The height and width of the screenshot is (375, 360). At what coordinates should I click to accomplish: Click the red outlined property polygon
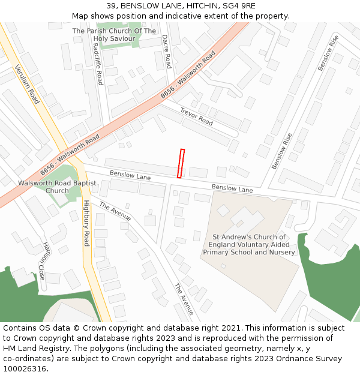click(181, 163)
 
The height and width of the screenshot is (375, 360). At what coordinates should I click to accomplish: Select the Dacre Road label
click(167, 51)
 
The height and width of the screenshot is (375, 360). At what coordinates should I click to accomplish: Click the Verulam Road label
click(26, 84)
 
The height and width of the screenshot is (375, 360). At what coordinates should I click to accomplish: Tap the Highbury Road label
click(86, 223)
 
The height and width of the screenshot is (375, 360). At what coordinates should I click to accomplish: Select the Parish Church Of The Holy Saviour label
click(114, 35)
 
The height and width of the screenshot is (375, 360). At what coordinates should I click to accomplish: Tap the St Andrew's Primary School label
click(249, 245)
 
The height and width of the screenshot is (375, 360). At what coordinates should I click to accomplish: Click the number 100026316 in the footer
click(25, 369)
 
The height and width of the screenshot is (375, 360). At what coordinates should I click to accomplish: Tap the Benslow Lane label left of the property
click(130, 176)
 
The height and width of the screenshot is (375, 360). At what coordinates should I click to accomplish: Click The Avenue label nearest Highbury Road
click(115, 211)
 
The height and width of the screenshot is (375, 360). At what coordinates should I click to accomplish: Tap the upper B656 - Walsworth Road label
click(188, 76)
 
